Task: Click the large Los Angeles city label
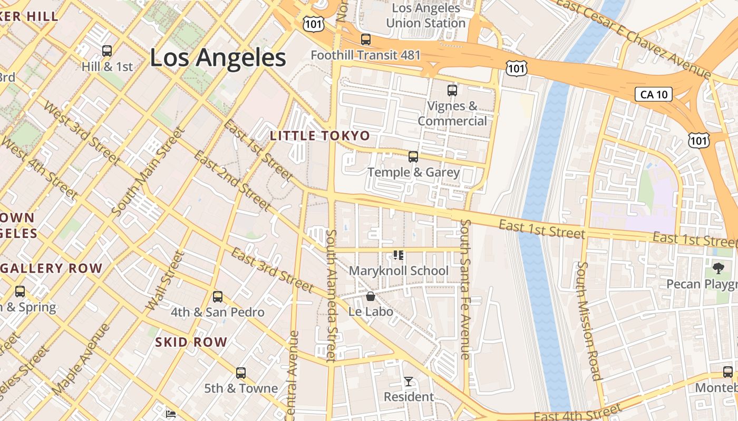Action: click(x=218, y=57)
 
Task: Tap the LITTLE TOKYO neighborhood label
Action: click(x=320, y=136)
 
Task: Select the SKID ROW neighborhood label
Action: click(x=191, y=342)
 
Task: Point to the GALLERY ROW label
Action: click(x=51, y=268)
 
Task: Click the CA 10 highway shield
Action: click(x=654, y=95)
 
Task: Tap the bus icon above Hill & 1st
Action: click(x=107, y=51)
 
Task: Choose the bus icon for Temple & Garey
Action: click(x=413, y=157)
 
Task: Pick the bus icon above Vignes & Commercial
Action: click(x=452, y=90)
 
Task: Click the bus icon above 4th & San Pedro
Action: click(x=218, y=297)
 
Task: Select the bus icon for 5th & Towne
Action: click(x=241, y=373)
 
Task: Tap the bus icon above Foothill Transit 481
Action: click(x=365, y=39)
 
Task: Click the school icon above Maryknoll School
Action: click(x=399, y=256)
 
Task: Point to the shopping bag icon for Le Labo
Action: click(x=371, y=296)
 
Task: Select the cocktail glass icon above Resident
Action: click(x=409, y=381)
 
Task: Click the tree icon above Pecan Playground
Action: click(x=718, y=269)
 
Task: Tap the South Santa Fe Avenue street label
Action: click(x=464, y=289)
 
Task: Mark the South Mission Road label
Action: click(x=588, y=321)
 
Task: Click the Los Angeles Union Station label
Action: click(x=426, y=16)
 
